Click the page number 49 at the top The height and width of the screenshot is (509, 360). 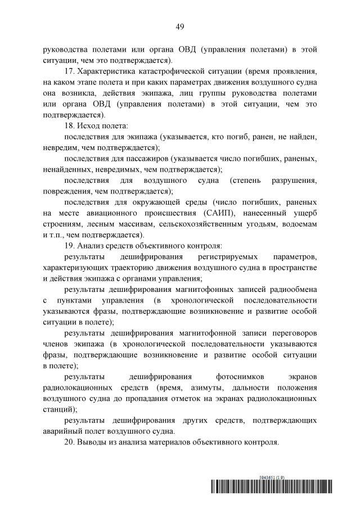coord(180,26)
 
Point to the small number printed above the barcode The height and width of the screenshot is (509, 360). coord(272,476)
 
